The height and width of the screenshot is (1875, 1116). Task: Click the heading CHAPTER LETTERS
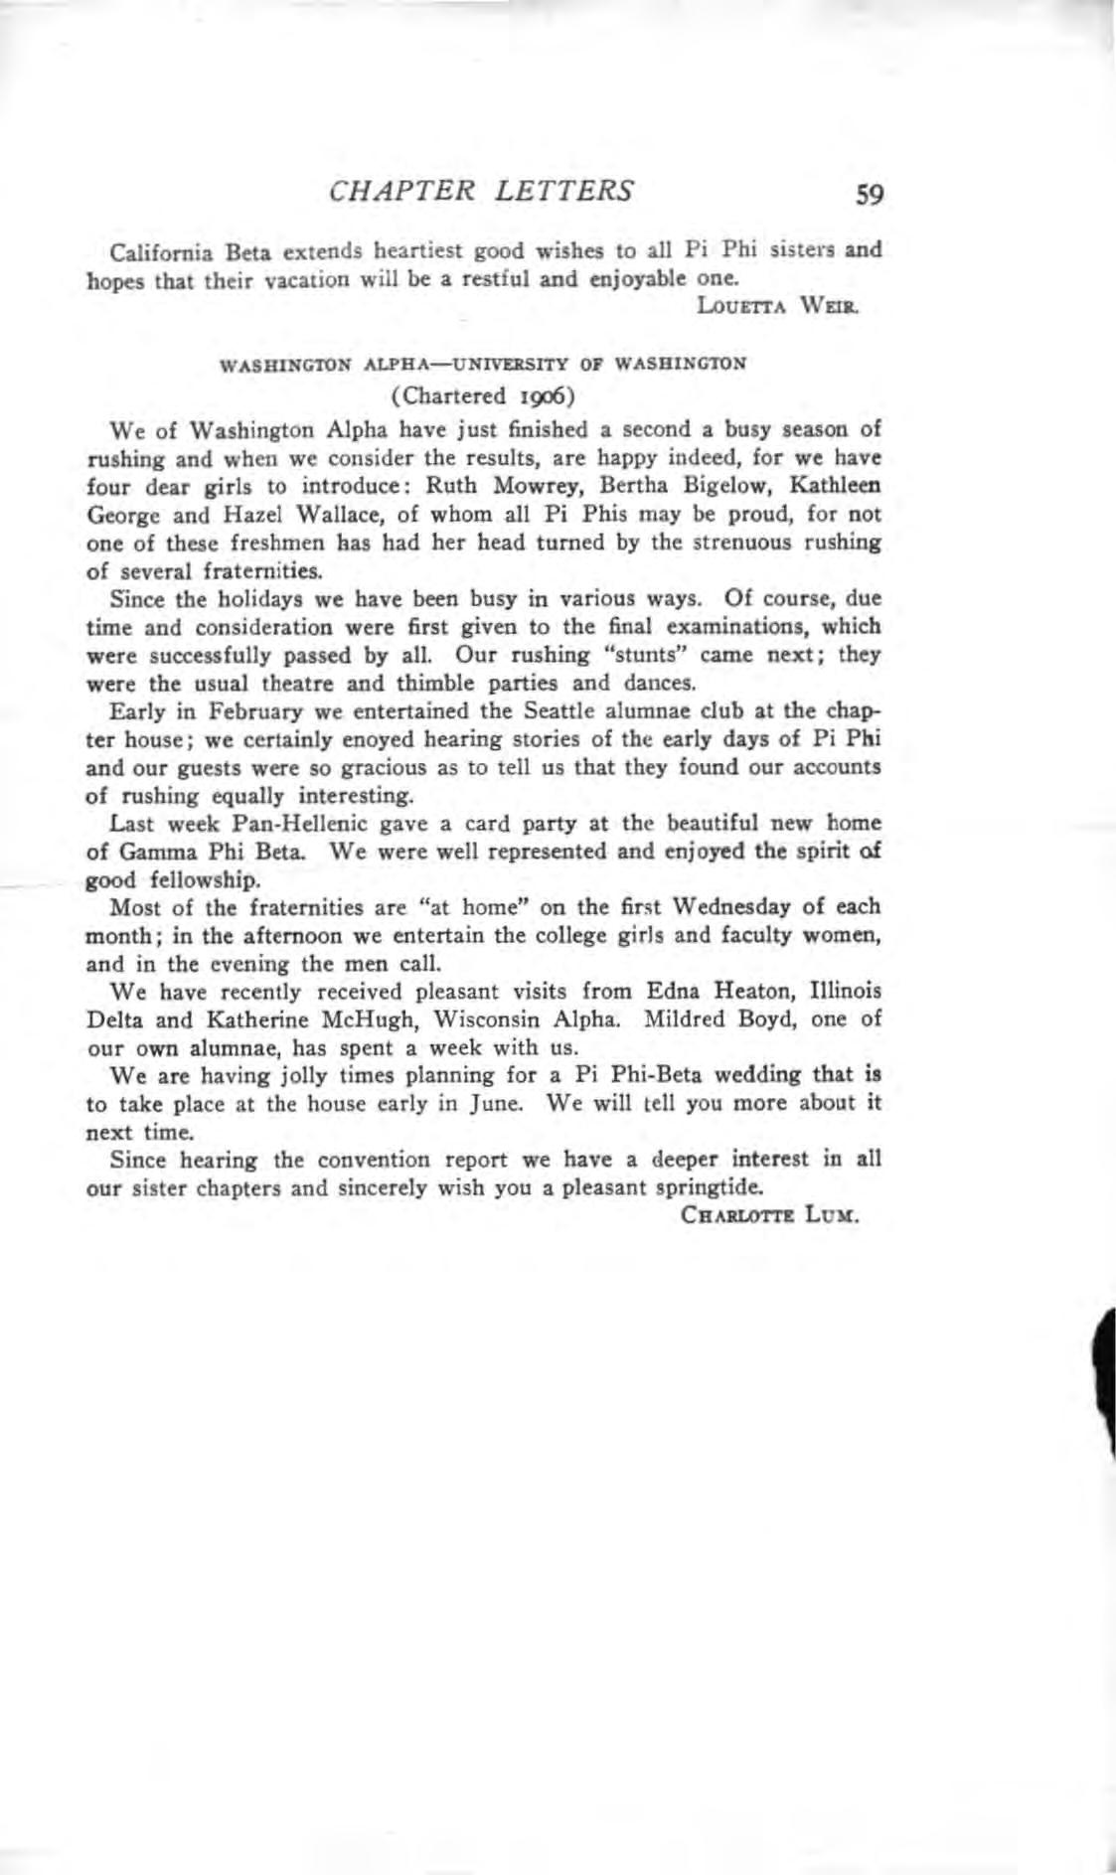480,190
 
